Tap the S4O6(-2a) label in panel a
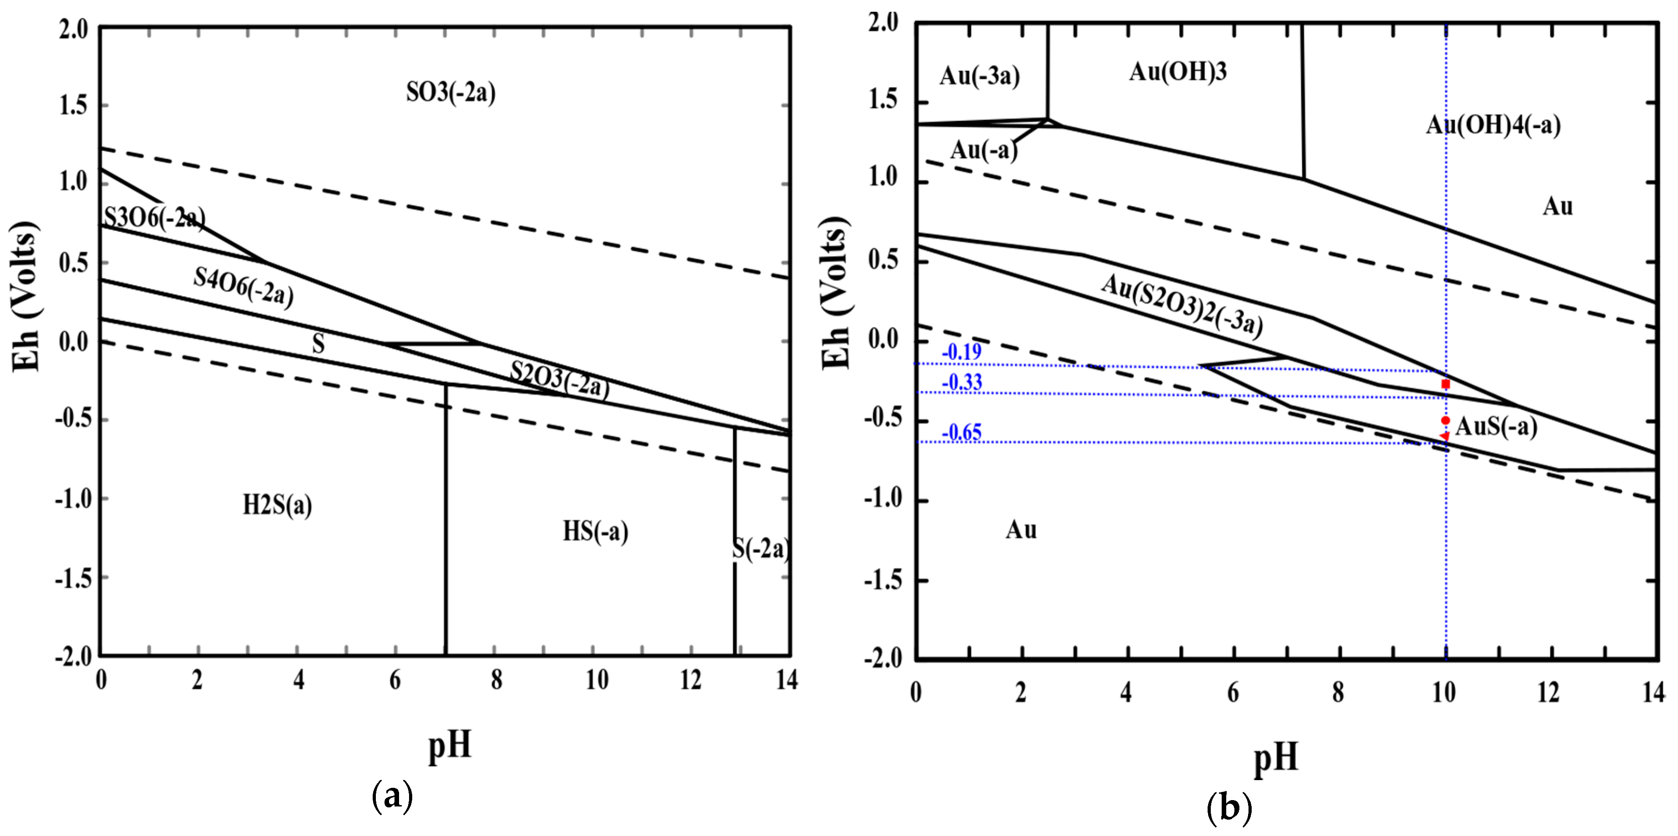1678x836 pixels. (244, 287)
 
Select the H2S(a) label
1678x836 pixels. (278, 505)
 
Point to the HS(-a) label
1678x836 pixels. (595, 532)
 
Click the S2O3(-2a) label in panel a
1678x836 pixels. (559, 379)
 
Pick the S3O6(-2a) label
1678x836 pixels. (155, 218)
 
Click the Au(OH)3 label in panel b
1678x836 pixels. (1178, 72)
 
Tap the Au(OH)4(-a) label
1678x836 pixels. (1493, 124)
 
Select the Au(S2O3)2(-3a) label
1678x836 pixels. (1182, 305)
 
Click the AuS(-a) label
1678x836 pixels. (1496, 427)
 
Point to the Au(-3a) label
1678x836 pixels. (979, 76)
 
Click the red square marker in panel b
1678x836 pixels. (1445, 384)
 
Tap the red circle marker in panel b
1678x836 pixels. (1445, 421)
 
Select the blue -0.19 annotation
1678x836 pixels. (961, 352)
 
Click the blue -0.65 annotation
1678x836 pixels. (961, 433)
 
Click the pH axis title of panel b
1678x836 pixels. (1275, 758)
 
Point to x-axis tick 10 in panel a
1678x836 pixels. (596, 681)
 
